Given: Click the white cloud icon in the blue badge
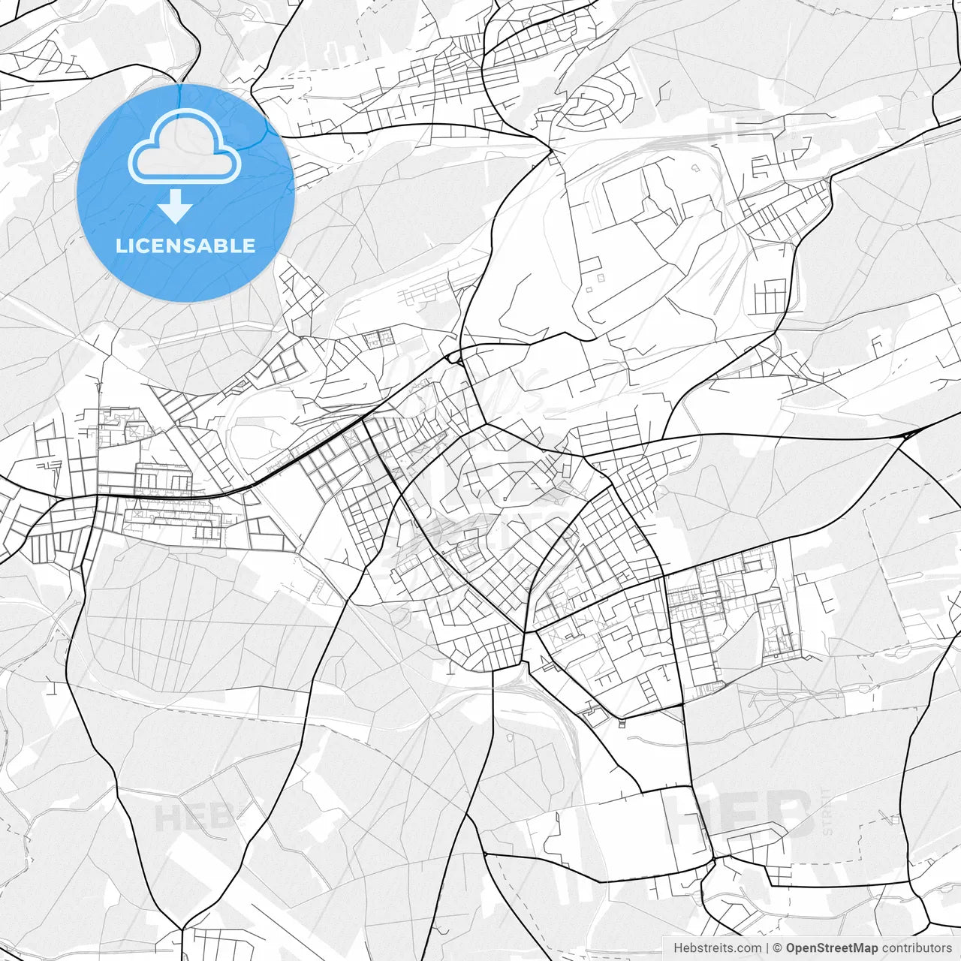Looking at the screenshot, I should [185, 147].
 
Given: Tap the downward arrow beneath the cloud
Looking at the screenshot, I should [176, 206].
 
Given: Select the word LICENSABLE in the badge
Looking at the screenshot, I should [185, 246].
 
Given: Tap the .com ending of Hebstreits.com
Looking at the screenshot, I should [748, 948].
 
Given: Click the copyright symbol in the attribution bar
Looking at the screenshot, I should [778, 948].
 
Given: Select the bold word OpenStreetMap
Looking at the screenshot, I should [832, 948].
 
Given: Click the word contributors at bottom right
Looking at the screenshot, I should [916, 948].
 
